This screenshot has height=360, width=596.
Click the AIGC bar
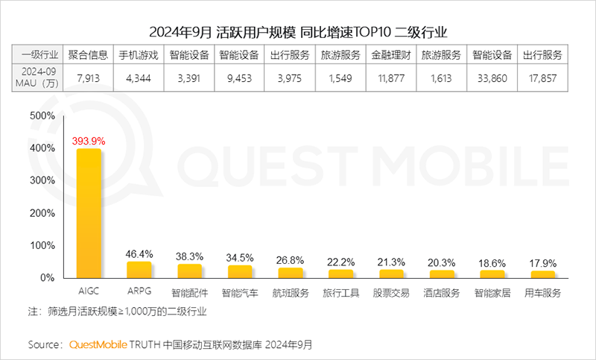[89, 213]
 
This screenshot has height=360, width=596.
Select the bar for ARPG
[139, 269]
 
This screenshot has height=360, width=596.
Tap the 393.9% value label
[89, 140]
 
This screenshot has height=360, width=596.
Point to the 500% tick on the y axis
[42, 116]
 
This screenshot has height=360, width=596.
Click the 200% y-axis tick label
[42, 213]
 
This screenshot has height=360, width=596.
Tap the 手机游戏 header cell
[139, 55]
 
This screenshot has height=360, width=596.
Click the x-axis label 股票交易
[391, 293]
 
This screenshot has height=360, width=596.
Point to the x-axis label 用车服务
[542, 293]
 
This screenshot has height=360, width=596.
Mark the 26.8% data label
[291, 260]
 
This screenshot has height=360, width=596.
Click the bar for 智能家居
[492, 274]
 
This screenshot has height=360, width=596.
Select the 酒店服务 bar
[442, 274]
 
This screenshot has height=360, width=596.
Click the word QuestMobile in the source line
[100, 344]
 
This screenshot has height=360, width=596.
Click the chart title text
[298, 32]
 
